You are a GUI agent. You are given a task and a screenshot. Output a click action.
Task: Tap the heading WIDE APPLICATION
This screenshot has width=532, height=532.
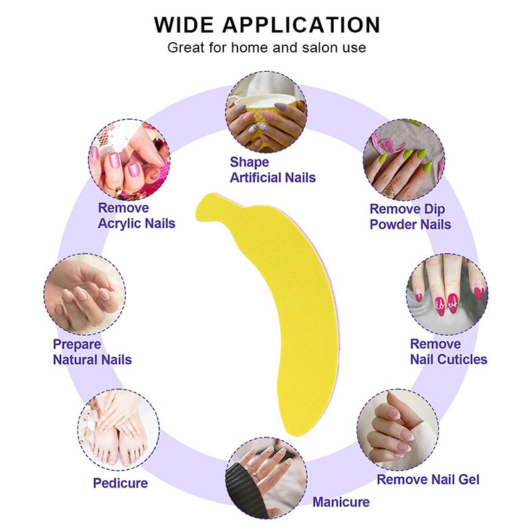tap(267, 25)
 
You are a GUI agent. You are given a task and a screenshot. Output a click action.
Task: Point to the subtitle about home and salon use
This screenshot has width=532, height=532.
tap(267, 48)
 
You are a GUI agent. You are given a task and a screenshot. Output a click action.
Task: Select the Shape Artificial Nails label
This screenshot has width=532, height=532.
tap(272, 170)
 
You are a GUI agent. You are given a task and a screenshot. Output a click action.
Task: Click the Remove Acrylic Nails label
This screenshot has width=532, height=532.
tap(136, 215)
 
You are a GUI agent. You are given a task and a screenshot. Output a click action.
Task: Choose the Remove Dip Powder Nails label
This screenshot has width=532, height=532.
tap(410, 217)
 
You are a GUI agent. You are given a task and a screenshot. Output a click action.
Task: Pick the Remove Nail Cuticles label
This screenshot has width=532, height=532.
tap(448, 352)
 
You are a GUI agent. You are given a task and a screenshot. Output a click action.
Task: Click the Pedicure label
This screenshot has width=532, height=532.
tap(120, 482)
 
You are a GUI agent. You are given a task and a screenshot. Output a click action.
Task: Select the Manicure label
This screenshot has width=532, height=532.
tap(340, 501)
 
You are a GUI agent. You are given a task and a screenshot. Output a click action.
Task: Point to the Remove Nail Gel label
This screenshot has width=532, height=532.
tap(428, 479)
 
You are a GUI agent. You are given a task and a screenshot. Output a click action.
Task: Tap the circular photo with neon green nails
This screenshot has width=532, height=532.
tap(404, 160)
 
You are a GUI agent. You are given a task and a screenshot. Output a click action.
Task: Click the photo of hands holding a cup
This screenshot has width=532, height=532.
tap(266, 112)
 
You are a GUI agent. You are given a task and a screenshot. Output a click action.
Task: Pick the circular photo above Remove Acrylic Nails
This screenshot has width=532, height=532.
tap(129, 160)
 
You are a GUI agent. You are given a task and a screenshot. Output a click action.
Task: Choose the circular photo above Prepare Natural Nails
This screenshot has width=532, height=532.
tap(84, 295)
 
